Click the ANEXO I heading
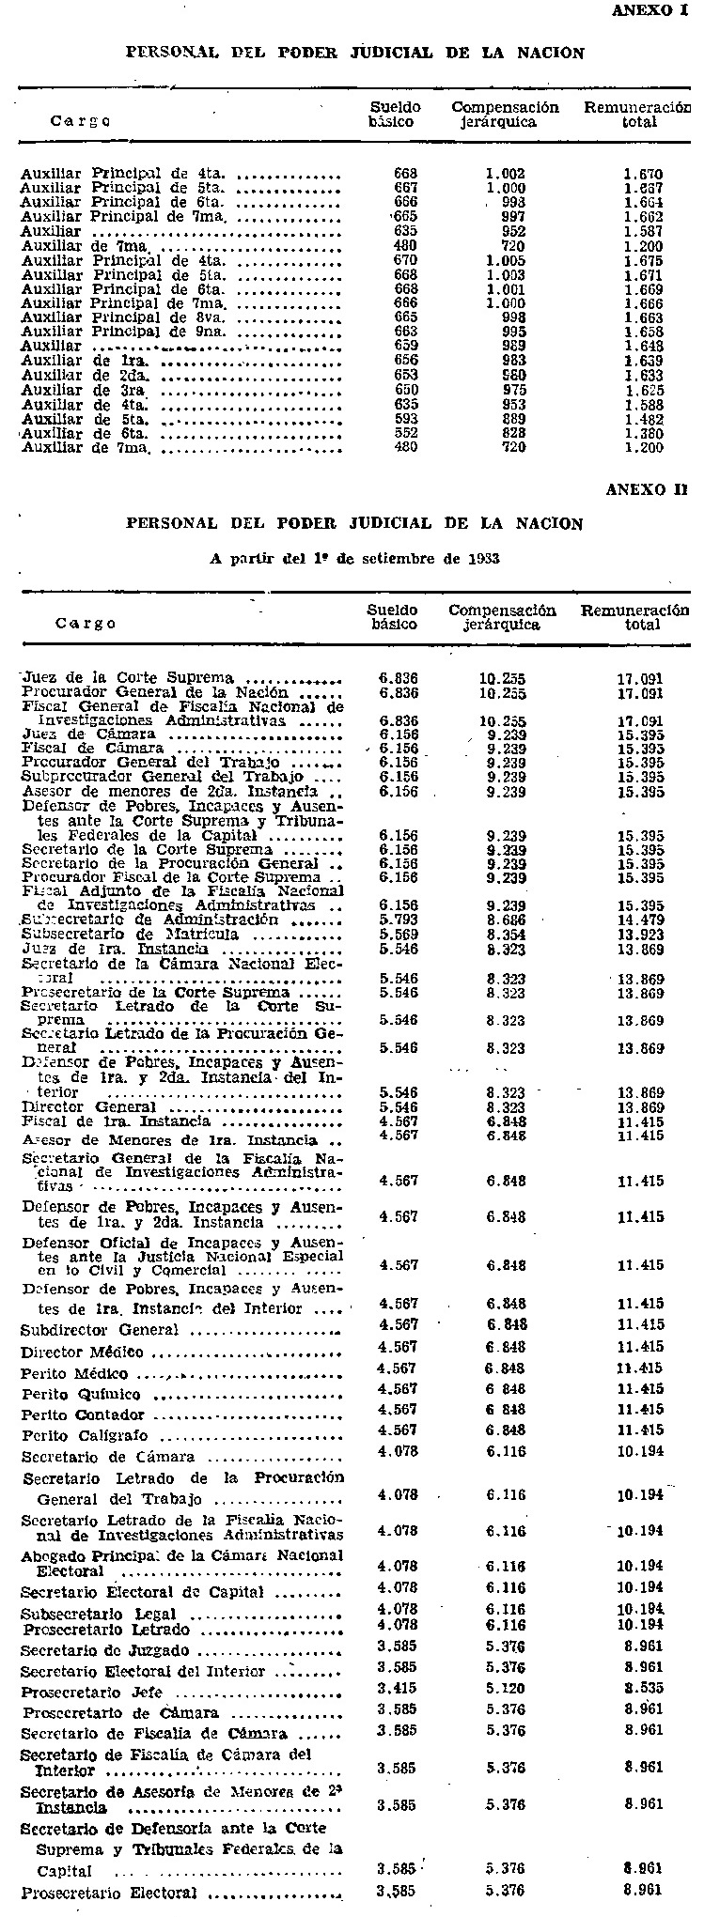[650, 10]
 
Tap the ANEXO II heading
[647, 489]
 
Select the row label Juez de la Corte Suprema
[128, 678]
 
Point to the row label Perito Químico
[82, 1395]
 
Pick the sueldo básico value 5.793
[398, 920]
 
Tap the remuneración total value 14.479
[640, 920]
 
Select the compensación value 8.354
[506, 935]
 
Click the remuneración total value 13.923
[640, 935]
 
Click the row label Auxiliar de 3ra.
[87, 390]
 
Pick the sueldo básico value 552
[405, 433]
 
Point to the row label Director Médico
[83, 1353]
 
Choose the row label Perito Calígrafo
[85, 1436]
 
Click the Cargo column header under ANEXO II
[86, 623]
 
